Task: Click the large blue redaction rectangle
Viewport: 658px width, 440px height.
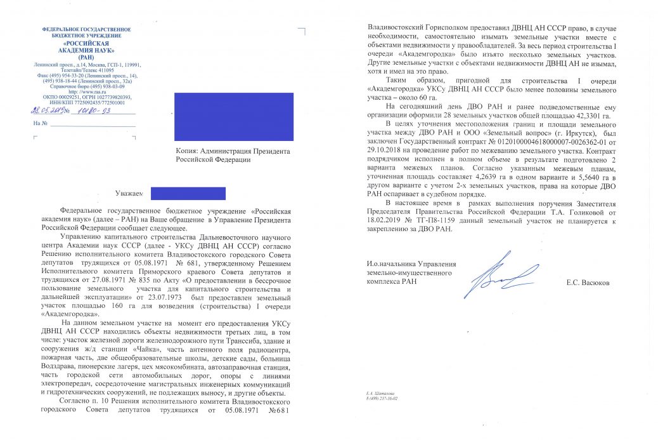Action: point(234,116)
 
